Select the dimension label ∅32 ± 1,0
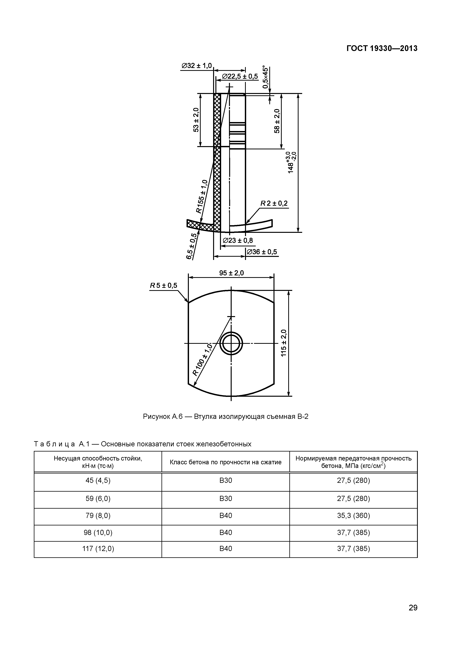tap(196, 66)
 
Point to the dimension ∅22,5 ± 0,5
tap(240, 76)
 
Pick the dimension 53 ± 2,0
tap(196, 120)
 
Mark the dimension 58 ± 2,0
tap(277, 121)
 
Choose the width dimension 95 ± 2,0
tap(231, 273)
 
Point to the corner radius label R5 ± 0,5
tap(164, 285)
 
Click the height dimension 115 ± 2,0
tap(284, 343)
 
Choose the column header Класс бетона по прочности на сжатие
tap(226, 462)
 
